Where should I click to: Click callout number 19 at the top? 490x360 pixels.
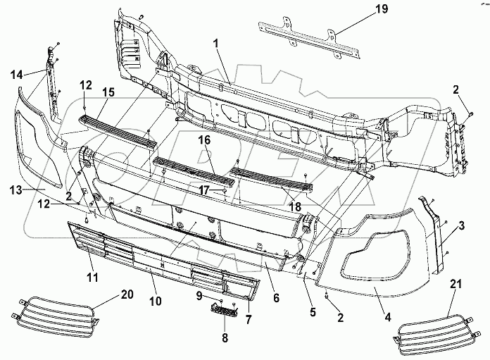tap(382, 8)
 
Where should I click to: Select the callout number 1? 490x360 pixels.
tap(216, 44)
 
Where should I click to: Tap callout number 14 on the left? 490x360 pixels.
tap(17, 75)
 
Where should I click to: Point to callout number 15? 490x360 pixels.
tap(108, 92)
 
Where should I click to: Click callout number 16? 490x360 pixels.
tap(204, 140)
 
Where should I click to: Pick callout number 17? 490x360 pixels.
tap(204, 190)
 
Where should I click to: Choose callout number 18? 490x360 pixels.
tap(295, 206)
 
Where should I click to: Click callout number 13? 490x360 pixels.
tap(16, 190)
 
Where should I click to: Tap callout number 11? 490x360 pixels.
tap(92, 277)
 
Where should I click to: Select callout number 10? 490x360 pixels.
tap(155, 301)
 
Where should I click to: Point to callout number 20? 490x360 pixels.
tap(127, 294)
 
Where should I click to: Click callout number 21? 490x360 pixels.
tap(456, 285)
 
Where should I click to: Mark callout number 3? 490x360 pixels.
tap(461, 225)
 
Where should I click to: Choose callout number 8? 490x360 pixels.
tap(225, 337)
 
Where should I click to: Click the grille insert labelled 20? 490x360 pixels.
tap(56, 313)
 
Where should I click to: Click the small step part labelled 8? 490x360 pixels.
tap(224, 307)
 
